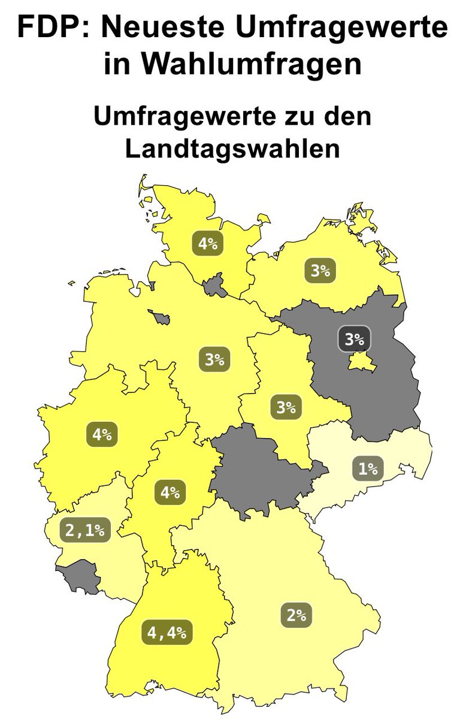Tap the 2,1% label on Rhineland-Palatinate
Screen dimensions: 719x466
[86, 530]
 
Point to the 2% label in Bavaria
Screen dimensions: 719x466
[296, 615]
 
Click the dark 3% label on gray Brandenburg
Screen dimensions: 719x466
[354, 339]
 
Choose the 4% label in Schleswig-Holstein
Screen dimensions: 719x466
[207, 244]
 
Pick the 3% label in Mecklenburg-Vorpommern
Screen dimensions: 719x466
[320, 270]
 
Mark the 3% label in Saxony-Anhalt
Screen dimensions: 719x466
[286, 408]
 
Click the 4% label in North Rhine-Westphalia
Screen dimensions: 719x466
[102, 434]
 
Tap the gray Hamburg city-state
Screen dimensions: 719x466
[214, 286]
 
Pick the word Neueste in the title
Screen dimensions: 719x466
[165, 27]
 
